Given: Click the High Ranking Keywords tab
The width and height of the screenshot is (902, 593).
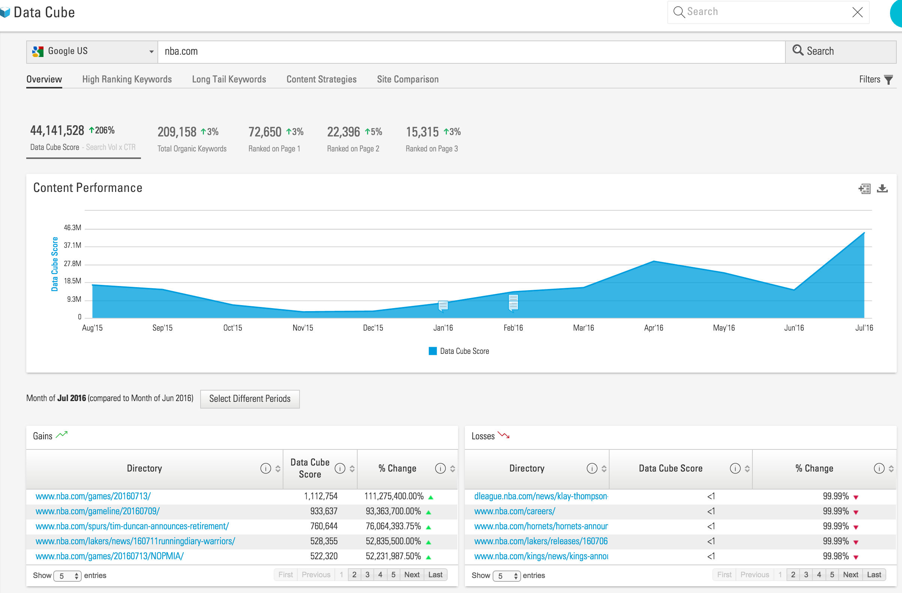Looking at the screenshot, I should pos(127,79).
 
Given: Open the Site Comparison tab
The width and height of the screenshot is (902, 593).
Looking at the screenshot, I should pos(408,79).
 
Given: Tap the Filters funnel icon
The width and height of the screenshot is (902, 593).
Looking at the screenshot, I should pos(888,79).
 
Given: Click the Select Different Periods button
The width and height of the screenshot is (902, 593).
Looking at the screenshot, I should pos(250,398).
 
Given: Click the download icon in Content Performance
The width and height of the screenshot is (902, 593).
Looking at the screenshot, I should pos(882,188).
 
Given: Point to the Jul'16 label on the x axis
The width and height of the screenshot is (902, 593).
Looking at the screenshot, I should pos(864,328).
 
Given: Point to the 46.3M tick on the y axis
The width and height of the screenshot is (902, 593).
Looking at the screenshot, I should pos(72,228).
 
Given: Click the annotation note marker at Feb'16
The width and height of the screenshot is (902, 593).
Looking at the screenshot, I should pos(513,303).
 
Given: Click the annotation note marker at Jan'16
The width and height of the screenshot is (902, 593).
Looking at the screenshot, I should pos(443,305).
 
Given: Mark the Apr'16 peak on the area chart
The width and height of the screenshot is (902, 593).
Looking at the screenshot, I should pos(654,261).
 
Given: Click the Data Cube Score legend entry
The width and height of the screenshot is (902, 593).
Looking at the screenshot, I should pos(459,351).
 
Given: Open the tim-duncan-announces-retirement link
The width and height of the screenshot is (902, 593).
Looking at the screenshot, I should pos(132,526).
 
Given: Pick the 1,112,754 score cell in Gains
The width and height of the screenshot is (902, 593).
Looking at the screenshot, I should pos(321,496).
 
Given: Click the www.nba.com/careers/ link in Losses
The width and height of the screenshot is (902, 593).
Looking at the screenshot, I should pos(514,511).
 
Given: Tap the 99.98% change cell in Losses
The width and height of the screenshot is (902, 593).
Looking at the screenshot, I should pos(835,556).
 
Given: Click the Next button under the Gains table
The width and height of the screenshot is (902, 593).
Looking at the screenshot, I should pos(412,575).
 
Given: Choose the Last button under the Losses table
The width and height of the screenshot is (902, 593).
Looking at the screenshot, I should pos(874,575).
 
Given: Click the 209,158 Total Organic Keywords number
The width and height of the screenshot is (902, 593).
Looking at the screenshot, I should pos(177,132).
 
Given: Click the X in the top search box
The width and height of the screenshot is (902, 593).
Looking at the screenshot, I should pos(857,12).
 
